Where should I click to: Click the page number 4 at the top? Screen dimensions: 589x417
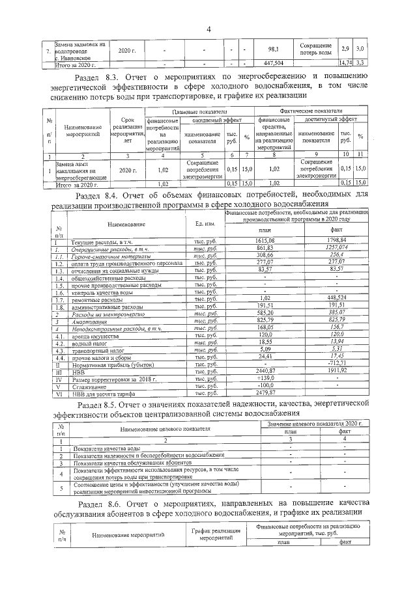(x=209, y=28)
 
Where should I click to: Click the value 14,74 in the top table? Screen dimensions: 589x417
(x=346, y=62)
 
